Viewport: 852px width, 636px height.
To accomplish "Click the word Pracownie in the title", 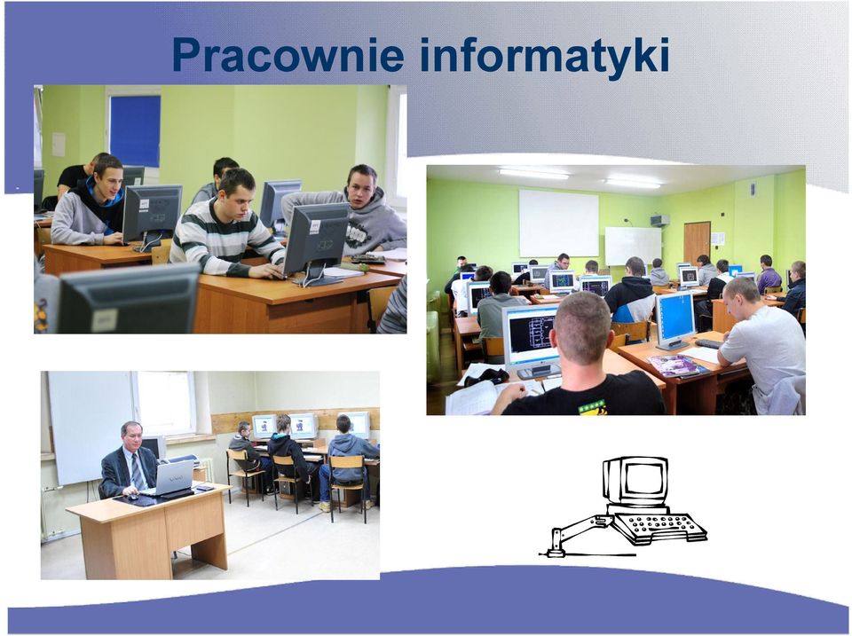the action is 288,55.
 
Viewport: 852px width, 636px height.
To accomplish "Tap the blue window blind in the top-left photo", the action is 135,131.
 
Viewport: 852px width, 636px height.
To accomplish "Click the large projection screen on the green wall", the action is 558,223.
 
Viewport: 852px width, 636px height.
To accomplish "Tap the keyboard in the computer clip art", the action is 660,527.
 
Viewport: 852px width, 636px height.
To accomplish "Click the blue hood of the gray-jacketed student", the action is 108,204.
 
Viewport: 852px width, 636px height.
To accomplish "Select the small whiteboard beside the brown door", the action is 633,246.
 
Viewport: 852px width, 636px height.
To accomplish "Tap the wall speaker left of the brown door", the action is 659,220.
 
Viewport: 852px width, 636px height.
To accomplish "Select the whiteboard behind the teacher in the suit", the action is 90,428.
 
